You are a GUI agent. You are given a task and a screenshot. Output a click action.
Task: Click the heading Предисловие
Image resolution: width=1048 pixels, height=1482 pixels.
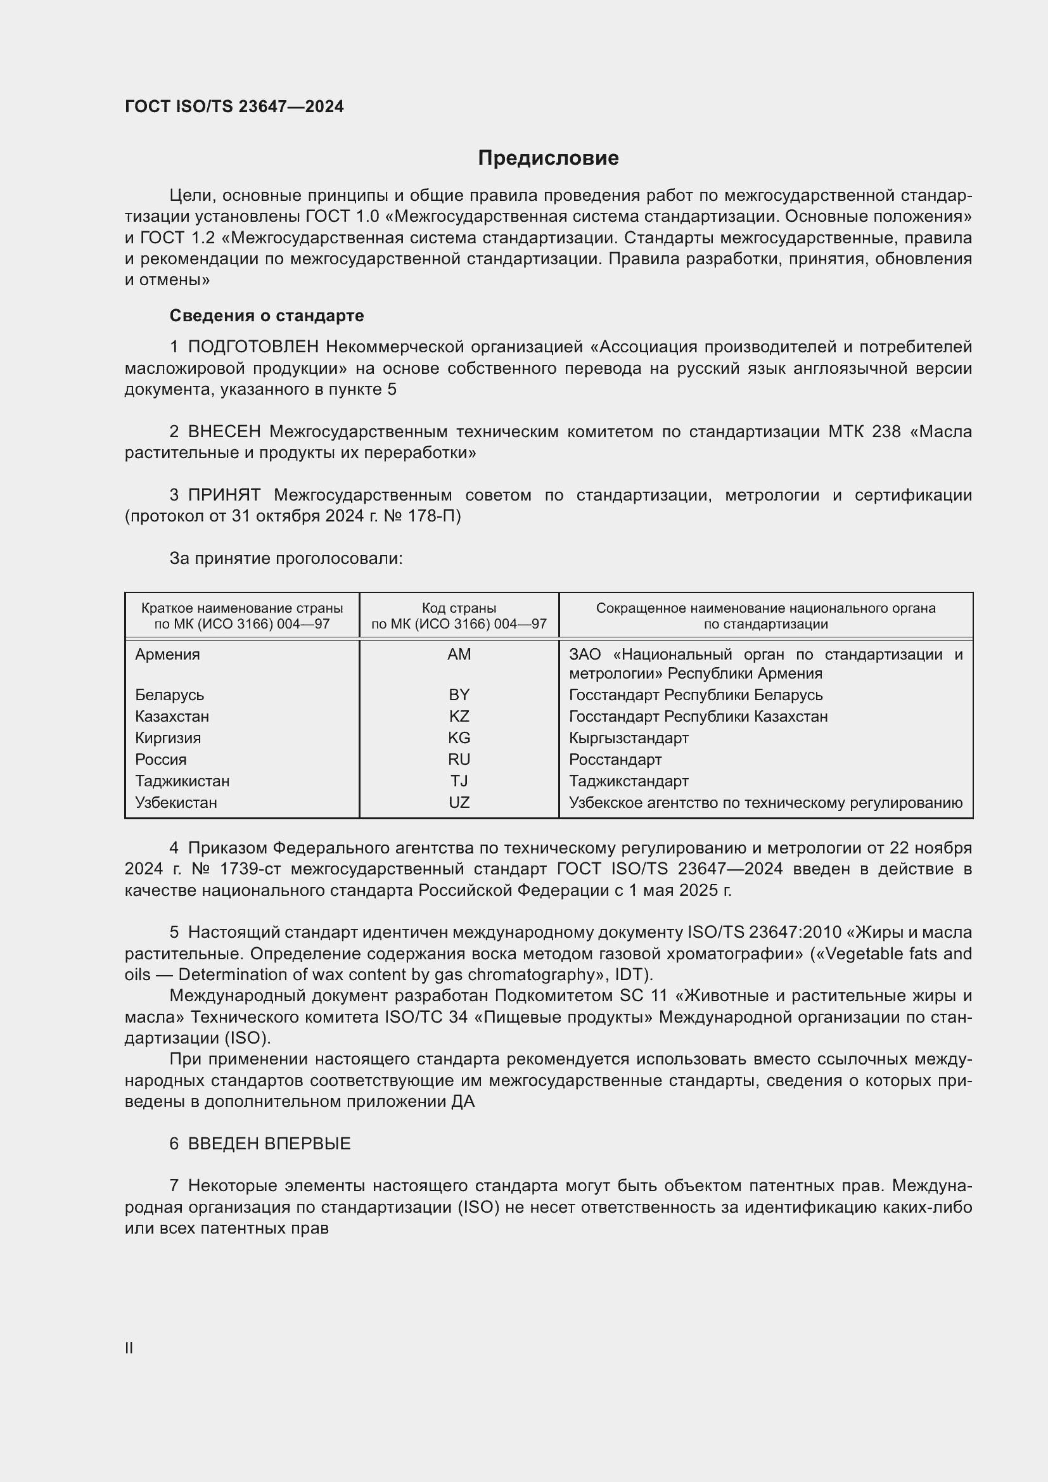[548, 158]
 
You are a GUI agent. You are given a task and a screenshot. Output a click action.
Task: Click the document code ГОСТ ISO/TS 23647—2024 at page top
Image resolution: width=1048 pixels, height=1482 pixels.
[234, 106]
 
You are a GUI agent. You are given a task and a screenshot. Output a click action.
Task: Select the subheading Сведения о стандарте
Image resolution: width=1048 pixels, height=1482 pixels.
[267, 316]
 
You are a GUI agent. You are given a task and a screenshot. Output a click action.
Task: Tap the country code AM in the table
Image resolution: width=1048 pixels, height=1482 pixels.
[459, 655]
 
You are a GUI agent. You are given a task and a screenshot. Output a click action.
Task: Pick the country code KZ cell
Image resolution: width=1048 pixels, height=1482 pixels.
[459, 717]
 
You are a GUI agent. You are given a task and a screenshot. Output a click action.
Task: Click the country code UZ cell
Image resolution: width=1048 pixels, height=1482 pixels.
[459, 802]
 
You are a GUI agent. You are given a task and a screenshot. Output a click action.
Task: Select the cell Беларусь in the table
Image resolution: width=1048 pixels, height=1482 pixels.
[170, 695]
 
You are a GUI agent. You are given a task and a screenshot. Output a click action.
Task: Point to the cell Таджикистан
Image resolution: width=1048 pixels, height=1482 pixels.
[182, 781]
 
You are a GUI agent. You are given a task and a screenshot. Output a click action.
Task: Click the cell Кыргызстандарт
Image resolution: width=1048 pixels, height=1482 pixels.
[629, 738]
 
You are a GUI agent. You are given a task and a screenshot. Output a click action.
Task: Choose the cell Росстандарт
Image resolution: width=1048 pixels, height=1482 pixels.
[615, 760]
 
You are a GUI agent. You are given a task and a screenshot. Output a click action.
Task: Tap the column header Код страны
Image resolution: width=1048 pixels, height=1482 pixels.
[459, 608]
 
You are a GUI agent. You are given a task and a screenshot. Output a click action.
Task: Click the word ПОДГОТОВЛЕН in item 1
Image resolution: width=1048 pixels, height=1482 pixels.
[253, 347]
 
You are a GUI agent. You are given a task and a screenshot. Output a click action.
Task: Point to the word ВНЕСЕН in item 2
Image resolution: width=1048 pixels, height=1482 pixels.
[224, 432]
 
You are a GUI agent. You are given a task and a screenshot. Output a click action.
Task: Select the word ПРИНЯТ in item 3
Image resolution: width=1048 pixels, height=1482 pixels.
[224, 495]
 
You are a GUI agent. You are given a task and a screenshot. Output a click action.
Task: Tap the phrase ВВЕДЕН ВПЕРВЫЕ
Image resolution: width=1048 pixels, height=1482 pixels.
[269, 1144]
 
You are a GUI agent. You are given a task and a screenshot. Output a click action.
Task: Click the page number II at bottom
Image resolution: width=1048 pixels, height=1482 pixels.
[129, 1348]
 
